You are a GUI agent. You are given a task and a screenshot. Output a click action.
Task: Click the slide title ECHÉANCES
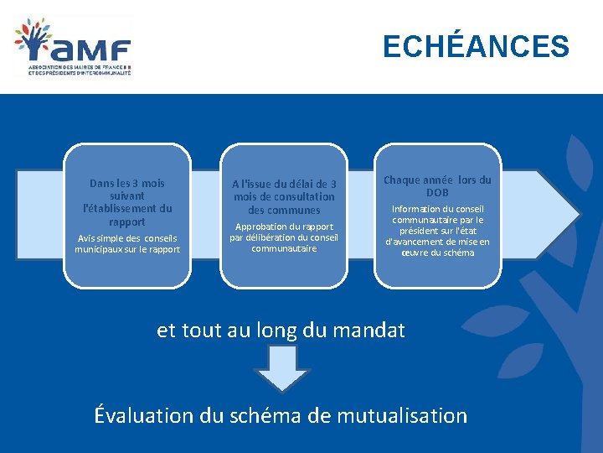coord(475,46)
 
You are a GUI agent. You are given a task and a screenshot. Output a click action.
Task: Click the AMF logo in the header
coord(73,47)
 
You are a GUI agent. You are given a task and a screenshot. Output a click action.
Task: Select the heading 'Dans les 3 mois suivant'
coord(127,189)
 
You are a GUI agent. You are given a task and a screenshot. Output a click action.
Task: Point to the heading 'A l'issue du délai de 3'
coord(284,184)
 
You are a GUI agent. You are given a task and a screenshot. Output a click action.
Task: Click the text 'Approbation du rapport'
coord(284,226)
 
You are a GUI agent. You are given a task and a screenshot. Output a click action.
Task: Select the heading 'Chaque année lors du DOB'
coord(437,186)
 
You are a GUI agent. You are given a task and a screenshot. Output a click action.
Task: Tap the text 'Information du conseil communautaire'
coord(437,215)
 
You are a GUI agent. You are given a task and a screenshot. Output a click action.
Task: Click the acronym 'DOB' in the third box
coord(437,193)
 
